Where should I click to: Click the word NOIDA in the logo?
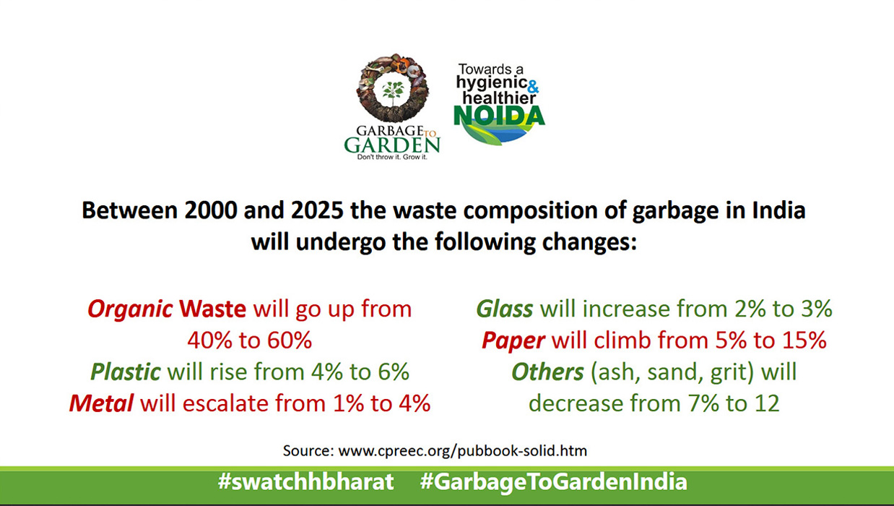pyautogui.click(x=499, y=116)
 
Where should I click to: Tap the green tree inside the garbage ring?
pyautogui.click(x=393, y=93)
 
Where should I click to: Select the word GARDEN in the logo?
pyautogui.click(x=392, y=145)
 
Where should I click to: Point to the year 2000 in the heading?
pyautogui.click(x=211, y=210)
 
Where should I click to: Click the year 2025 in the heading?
pyautogui.click(x=317, y=210)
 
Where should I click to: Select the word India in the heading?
pyautogui.click(x=778, y=210)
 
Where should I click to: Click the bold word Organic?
pyautogui.click(x=130, y=309)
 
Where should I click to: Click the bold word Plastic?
pyautogui.click(x=126, y=372)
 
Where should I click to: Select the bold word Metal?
pyautogui.click(x=101, y=403)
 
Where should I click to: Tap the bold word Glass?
pyautogui.click(x=505, y=309)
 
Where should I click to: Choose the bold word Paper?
pyautogui.click(x=513, y=340)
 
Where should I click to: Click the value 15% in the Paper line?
pyautogui.click(x=804, y=340)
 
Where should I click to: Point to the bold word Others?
pyautogui.click(x=547, y=372)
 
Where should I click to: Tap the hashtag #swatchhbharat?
pyautogui.click(x=305, y=481)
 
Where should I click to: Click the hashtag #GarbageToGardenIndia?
pyautogui.click(x=554, y=482)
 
